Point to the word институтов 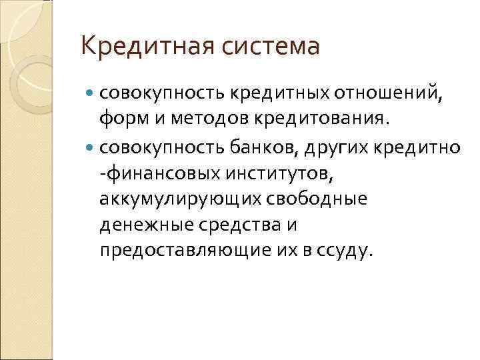(279, 173)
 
